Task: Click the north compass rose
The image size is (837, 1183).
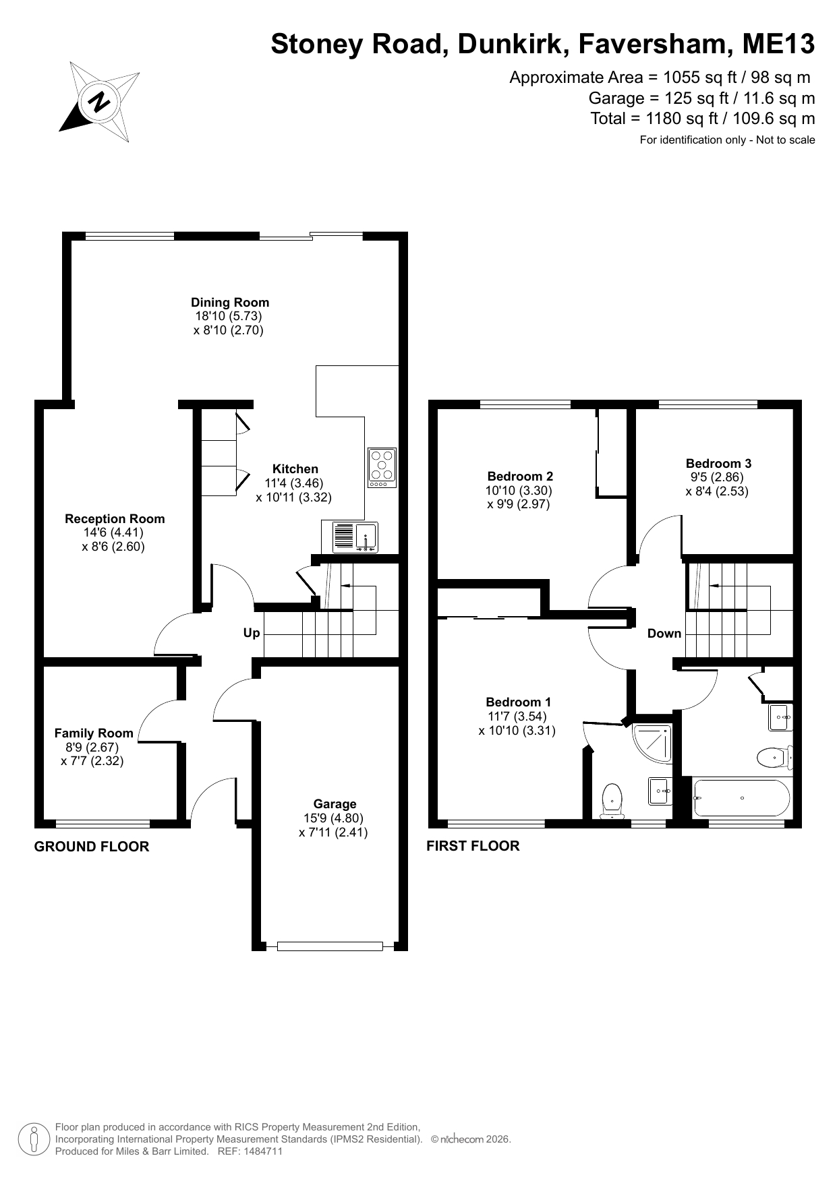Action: (x=100, y=102)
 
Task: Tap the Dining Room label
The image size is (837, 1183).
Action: (x=229, y=303)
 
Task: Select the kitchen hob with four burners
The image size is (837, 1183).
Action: (x=382, y=468)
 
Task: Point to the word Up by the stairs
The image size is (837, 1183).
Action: (x=252, y=633)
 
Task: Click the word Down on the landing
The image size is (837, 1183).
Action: (x=664, y=634)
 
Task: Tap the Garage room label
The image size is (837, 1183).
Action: (x=335, y=804)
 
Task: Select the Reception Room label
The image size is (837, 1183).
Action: (x=115, y=519)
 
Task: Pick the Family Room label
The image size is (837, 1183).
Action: (x=94, y=733)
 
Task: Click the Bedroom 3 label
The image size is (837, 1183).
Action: (x=718, y=464)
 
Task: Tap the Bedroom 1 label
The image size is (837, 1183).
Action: (x=518, y=702)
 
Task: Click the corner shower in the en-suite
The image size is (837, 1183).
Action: (x=653, y=744)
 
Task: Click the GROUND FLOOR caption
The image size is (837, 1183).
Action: (x=92, y=847)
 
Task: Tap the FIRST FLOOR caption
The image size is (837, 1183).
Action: (x=473, y=846)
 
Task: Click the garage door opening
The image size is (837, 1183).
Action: (x=330, y=946)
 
